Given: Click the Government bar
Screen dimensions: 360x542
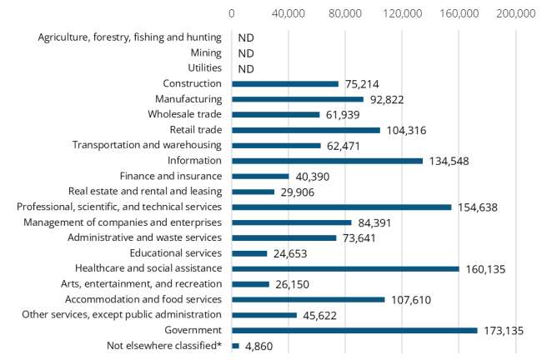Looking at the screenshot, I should click(354, 330).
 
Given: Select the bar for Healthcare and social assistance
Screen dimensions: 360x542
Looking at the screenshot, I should click(345, 268).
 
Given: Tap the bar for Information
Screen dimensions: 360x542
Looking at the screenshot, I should click(327, 161).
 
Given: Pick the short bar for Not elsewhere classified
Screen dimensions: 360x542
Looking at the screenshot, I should click(235, 346).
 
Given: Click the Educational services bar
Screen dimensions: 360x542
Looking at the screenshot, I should click(249, 253).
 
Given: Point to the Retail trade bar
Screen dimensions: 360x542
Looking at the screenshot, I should click(305, 130).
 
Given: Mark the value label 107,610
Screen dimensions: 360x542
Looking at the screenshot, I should click(412, 299).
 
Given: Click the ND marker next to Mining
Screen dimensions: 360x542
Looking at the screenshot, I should click(245, 53).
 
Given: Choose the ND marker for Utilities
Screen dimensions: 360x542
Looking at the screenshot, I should click(245, 69).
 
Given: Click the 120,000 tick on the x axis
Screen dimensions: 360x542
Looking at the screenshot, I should click(402, 13).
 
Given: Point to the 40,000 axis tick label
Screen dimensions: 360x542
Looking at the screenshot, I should click(289, 13).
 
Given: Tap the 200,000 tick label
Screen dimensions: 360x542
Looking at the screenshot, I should click(515, 13).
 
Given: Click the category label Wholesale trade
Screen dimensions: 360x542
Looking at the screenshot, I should click(184, 114).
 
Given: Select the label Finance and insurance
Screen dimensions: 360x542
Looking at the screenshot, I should click(170, 176).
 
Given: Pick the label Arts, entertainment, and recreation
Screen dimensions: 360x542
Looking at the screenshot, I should click(148, 284).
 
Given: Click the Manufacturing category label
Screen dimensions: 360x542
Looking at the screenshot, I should click(183, 99).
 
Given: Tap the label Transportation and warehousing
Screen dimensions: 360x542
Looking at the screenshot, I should click(147, 145).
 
